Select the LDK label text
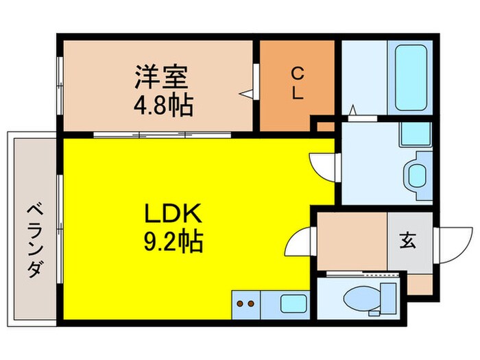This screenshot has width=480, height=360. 173,215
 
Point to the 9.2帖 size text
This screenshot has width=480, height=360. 173,242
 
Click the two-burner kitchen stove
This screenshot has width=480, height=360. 245,303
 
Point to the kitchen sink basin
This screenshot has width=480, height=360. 293,302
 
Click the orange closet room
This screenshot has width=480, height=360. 297,86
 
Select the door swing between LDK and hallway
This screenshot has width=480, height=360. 300,243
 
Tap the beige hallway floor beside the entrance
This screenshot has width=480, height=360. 352,242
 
